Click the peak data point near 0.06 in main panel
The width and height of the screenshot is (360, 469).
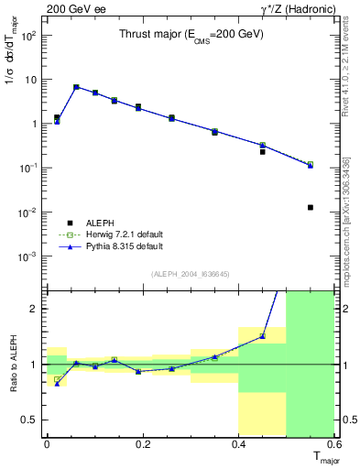pyautogui.click(x=76, y=87)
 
